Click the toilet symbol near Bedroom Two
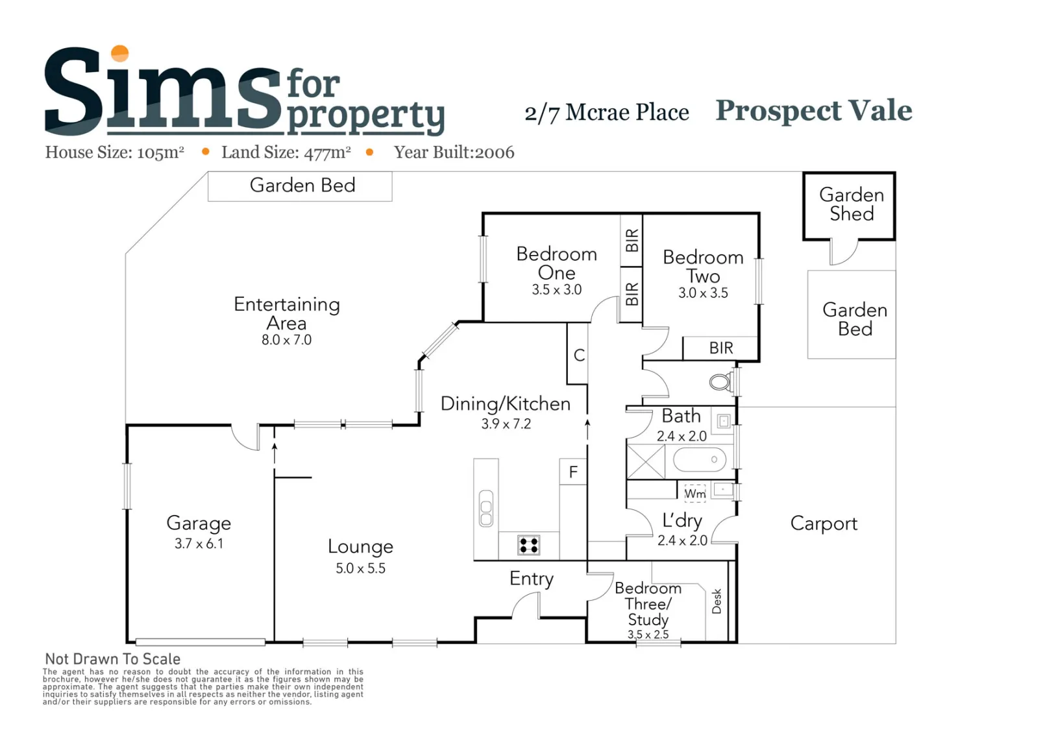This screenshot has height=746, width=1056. pyautogui.click(x=721, y=381)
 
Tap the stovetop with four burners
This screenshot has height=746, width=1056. pyautogui.click(x=528, y=546)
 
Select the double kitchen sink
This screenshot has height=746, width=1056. pyautogui.click(x=486, y=508)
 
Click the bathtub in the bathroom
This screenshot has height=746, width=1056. pyautogui.click(x=700, y=459)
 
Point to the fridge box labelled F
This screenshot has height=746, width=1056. pyautogui.click(x=573, y=471)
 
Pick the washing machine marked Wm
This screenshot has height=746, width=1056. pyautogui.click(x=695, y=494)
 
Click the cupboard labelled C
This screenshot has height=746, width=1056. pyautogui.click(x=578, y=354)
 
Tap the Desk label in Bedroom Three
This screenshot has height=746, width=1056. pyautogui.click(x=717, y=601)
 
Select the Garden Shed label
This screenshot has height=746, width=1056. pyautogui.click(x=852, y=204)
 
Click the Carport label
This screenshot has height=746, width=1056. pyautogui.click(x=824, y=523)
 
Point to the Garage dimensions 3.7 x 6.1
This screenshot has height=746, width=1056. pyautogui.click(x=199, y=544)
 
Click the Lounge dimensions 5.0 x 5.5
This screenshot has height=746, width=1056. pyautogui.click(x=360, y=568)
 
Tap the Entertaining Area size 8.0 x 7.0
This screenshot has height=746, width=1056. pyautogui.click(x=287, y=340)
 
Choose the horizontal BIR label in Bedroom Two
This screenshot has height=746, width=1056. pyautogui.click(x=721, y=348)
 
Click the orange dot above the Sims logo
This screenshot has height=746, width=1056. pyautogui.click(x=119, y=53)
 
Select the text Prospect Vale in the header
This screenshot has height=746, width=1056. pyautogui.click(x=814, y=111)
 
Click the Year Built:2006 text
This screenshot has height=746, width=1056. pyautogui.click(x=454, y=152)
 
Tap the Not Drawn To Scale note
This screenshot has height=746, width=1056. pyautogui.click(x=113, y=659)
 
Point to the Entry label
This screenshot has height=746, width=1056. pyautogui.click(x=532, y=579)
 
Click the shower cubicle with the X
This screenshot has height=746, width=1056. pyautogui.click(x=645, y=461)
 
